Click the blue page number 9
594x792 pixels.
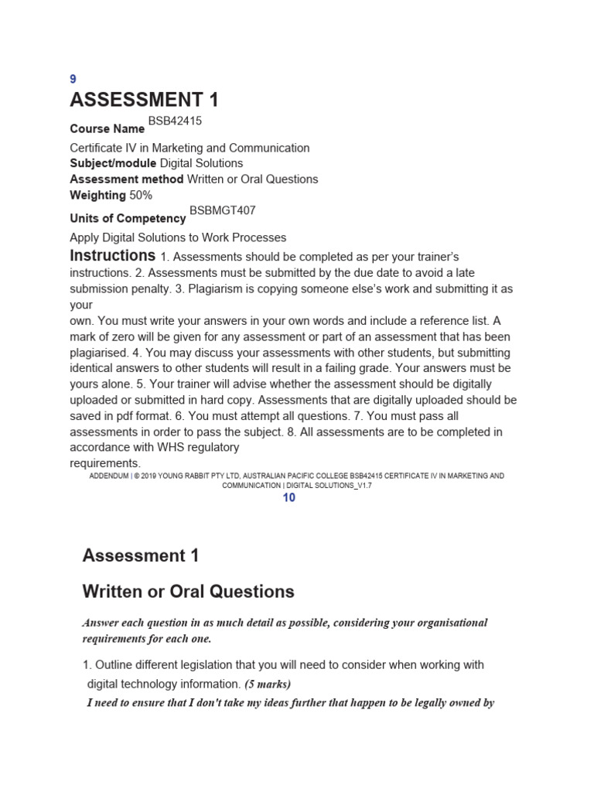pos(73,79)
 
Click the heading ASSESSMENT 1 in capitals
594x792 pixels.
pos(145,100)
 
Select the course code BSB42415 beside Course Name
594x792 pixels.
pos(175,121)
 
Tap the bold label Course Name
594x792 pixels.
pos(108,129)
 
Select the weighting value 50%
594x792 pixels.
pos(141,195)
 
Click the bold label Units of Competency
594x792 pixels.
pos(128,219)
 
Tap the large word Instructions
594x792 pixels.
pos(113,255)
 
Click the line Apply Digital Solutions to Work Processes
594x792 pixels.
pos(178,237)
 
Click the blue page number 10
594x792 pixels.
pos(288,498)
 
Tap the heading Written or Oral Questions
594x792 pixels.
pos(188,592)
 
